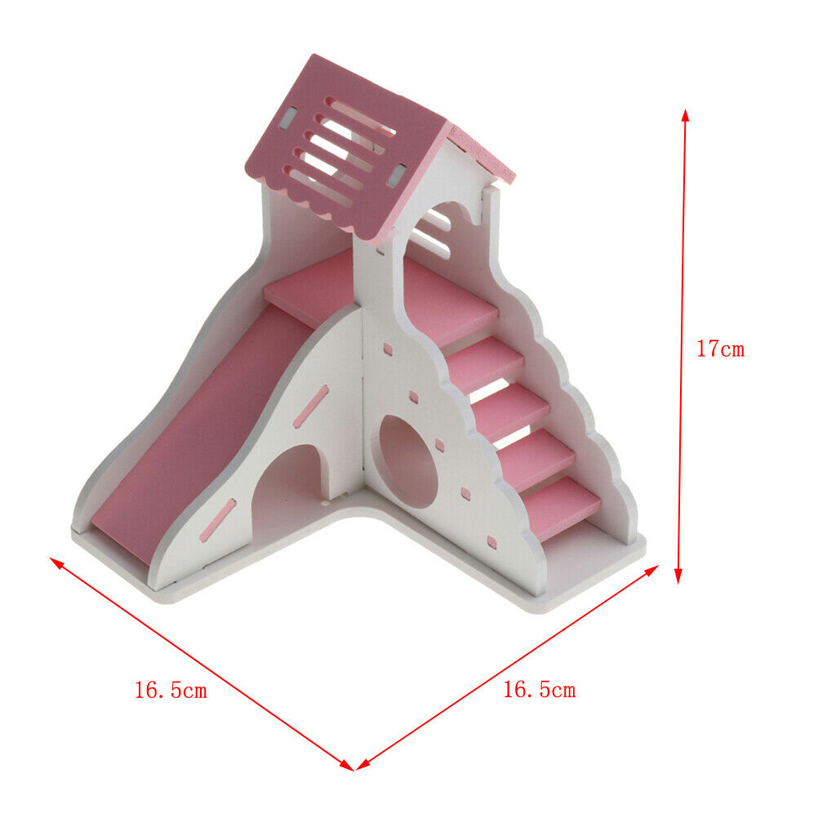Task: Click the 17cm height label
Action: coord(720,349)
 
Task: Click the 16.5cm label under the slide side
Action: coord(171,690)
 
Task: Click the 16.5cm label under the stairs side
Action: coord(540,689)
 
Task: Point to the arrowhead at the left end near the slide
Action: coord(56,563)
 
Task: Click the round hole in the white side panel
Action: coord(408,462)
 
